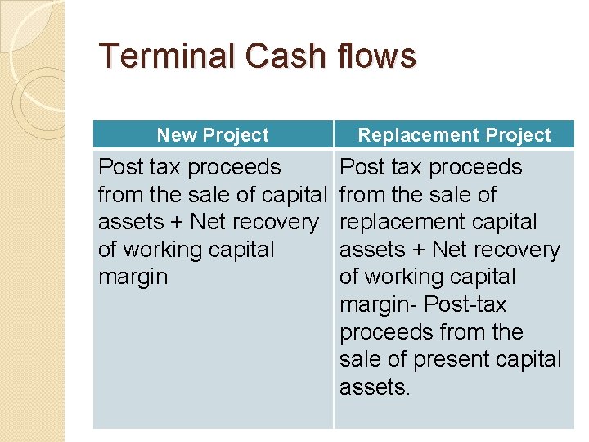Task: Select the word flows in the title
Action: coord(375,56)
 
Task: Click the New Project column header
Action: coord(213,135)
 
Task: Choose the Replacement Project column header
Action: coord(455,135)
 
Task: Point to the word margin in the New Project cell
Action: coord(133,277)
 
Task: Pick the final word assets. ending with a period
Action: coord(375,387)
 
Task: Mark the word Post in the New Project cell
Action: coord(119,167)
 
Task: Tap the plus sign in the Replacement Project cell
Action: coord(418,250)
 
